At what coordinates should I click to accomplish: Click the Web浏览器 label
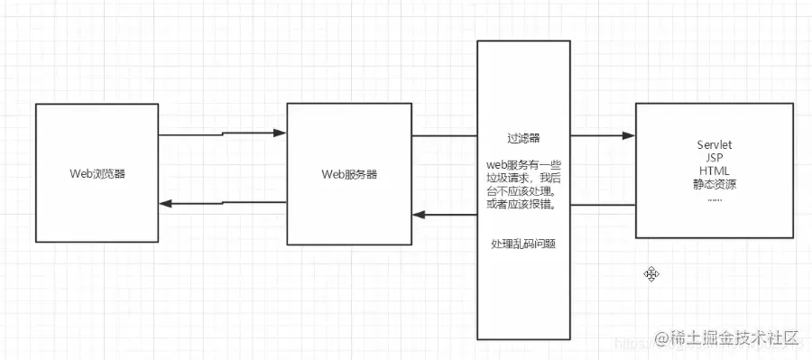[97, 173]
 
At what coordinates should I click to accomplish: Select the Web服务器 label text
[348, 173]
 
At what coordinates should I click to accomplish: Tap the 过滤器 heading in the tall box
[523, 139]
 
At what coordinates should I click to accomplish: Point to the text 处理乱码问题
[523, 244]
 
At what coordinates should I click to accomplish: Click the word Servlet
[714, 144]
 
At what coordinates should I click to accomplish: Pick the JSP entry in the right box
[714, 157]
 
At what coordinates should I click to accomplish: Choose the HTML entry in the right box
[714, 170]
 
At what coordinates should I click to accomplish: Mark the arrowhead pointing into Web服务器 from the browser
[280, 133]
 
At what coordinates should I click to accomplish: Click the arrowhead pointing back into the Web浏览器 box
[166, 203]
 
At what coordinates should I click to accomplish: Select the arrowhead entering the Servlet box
[629, 136]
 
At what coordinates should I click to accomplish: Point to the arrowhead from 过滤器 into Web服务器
[419, 215]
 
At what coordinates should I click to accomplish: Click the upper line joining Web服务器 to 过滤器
[444, 137]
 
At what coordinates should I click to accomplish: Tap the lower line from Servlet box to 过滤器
[603, 206]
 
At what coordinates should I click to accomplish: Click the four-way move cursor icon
[650, 273]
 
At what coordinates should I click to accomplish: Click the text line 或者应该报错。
[523, 205]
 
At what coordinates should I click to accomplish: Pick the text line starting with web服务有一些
[523, 165]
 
